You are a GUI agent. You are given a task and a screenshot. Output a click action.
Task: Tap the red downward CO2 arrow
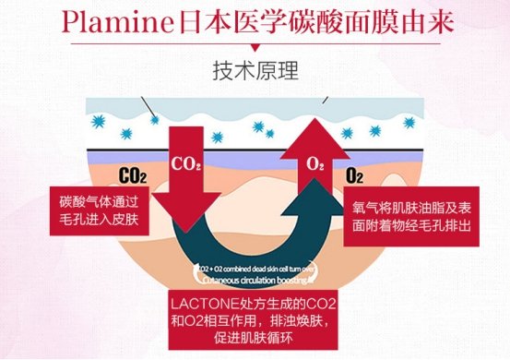point(184,185)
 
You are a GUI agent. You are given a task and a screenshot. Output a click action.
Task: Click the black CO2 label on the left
point(132,173)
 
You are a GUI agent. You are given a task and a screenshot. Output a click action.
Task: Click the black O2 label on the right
point(354,173)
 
